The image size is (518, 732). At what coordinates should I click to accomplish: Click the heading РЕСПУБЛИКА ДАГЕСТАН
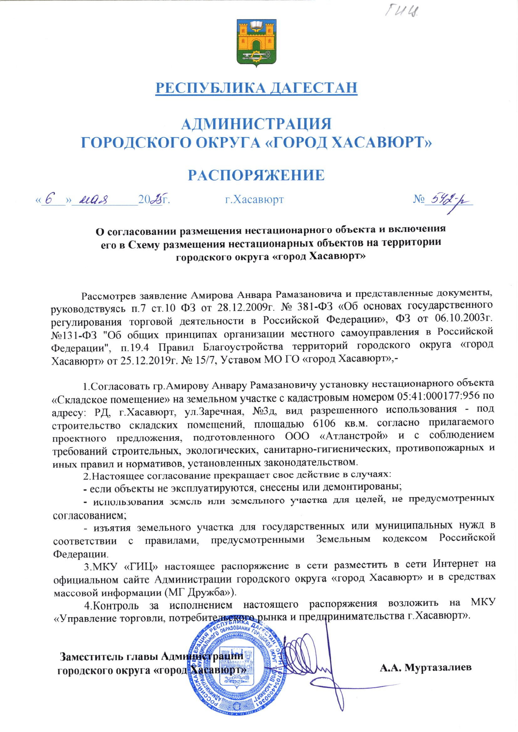pos(256,88)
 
